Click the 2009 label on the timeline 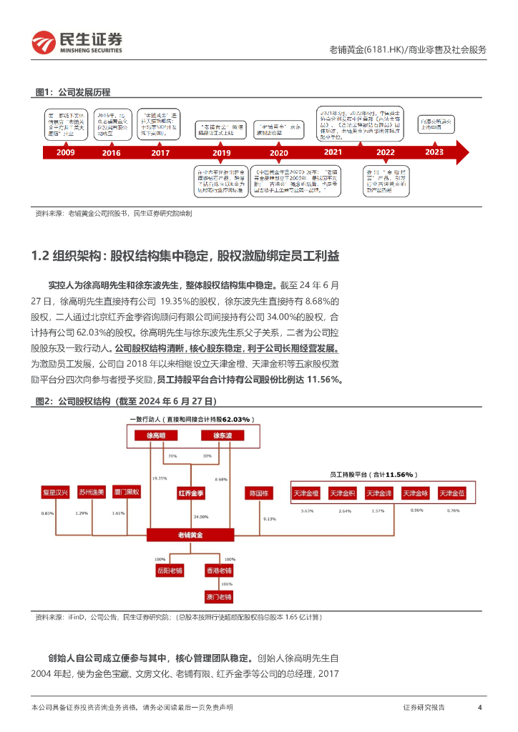point(65,152)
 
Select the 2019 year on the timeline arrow point(222,152)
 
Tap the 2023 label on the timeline point(434,152)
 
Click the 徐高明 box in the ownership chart point(155,435)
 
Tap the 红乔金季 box point(192,493)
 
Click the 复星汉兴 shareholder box point(55,493)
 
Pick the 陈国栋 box point(258,493)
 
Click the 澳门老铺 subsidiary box point(218,596)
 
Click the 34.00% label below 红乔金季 point(200,516)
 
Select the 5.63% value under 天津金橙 point(308,511)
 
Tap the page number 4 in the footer point(479,707)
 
